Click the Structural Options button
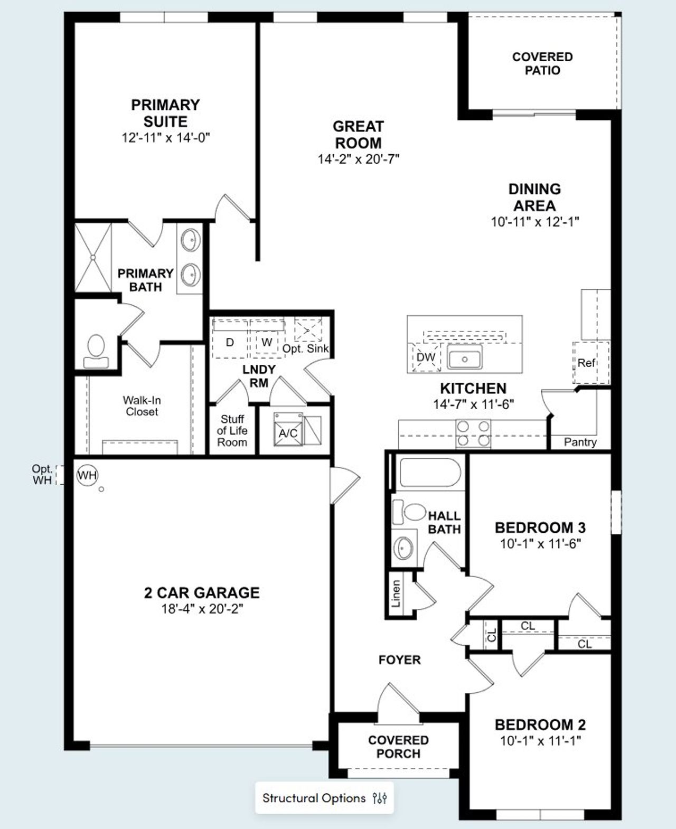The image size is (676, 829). pos(324,797)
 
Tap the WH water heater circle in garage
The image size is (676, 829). pos(87,475)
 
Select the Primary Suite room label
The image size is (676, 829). pos(165,113)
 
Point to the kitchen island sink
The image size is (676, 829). pos(464,357)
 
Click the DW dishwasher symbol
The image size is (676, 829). pos(426,357)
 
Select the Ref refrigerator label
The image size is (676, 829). pos(586,363)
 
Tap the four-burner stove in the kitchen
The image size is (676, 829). pos(473,432)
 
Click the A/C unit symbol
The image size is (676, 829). pos(288,433)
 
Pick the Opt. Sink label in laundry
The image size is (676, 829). pos(305,349)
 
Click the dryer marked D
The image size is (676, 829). pos(230,342)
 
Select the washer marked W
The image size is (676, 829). pos(267,342)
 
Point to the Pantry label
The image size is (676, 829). pos(580,442)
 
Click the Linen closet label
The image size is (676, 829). pos(396,593)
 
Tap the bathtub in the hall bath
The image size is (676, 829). pos(430,472)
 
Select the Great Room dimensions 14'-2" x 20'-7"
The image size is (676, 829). pos(358,159)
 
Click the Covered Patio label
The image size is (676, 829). pos(542,63)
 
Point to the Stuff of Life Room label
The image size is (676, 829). pos(232,430)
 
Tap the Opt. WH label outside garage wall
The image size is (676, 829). pos(42,474)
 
